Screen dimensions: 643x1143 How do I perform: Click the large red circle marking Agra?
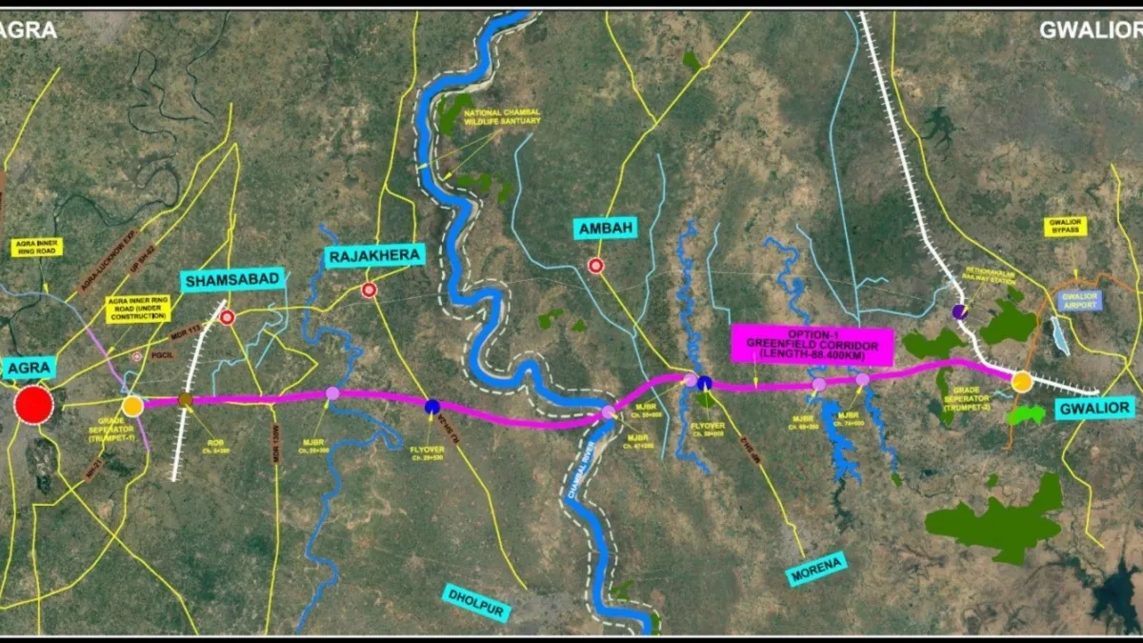34,405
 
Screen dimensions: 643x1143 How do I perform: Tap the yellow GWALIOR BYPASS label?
1066,227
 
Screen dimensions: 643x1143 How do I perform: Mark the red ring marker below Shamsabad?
227,317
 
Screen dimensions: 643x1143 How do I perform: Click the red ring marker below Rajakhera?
369,291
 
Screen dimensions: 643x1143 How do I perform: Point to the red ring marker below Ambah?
596,266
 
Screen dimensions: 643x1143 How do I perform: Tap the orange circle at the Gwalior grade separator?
1022,382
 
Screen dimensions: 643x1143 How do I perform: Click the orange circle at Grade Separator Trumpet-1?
132,406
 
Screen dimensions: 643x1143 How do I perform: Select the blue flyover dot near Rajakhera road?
432,407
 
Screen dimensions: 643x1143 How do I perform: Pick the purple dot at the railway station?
960,311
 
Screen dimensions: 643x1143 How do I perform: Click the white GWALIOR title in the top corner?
1086,30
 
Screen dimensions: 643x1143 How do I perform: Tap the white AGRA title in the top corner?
29,30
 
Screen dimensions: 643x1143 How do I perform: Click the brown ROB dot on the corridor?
186,400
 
